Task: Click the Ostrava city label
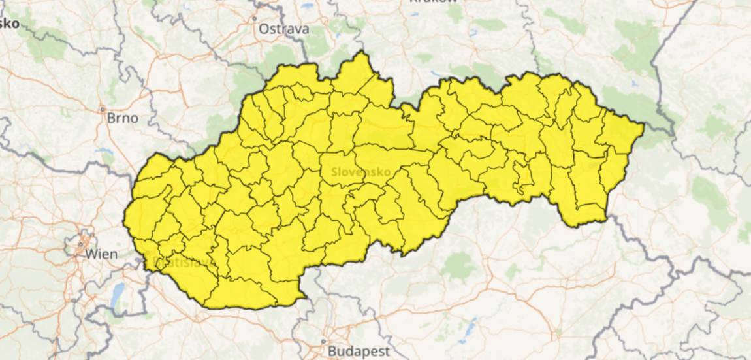pos(283,29)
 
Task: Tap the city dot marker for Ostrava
pos(255,19)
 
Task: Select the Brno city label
pos(122,118)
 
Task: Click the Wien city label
pos(101,254)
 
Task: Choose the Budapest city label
pos(353,351)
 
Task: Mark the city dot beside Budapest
pos(323,341)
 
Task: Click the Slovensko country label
pos(361,172)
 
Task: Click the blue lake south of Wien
pos(117,295)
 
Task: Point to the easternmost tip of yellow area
pos(644,125)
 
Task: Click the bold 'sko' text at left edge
pos(9,24)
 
